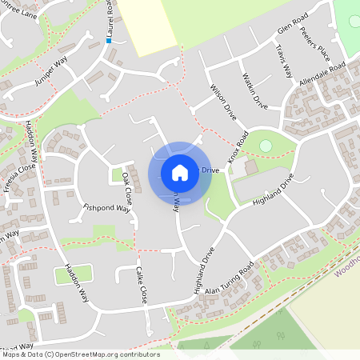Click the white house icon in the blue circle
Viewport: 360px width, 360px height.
pyautogui.click(x=179, y=172)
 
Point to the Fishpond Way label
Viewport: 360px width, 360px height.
pyautogui.click(x=106, y=208)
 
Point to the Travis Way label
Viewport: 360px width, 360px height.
pyautogui.click(x=285, y=61)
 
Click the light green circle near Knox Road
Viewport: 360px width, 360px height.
pyautogui.click(x=266, y=146)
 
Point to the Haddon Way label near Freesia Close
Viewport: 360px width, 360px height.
pyautogui.click(x=33, y=144)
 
